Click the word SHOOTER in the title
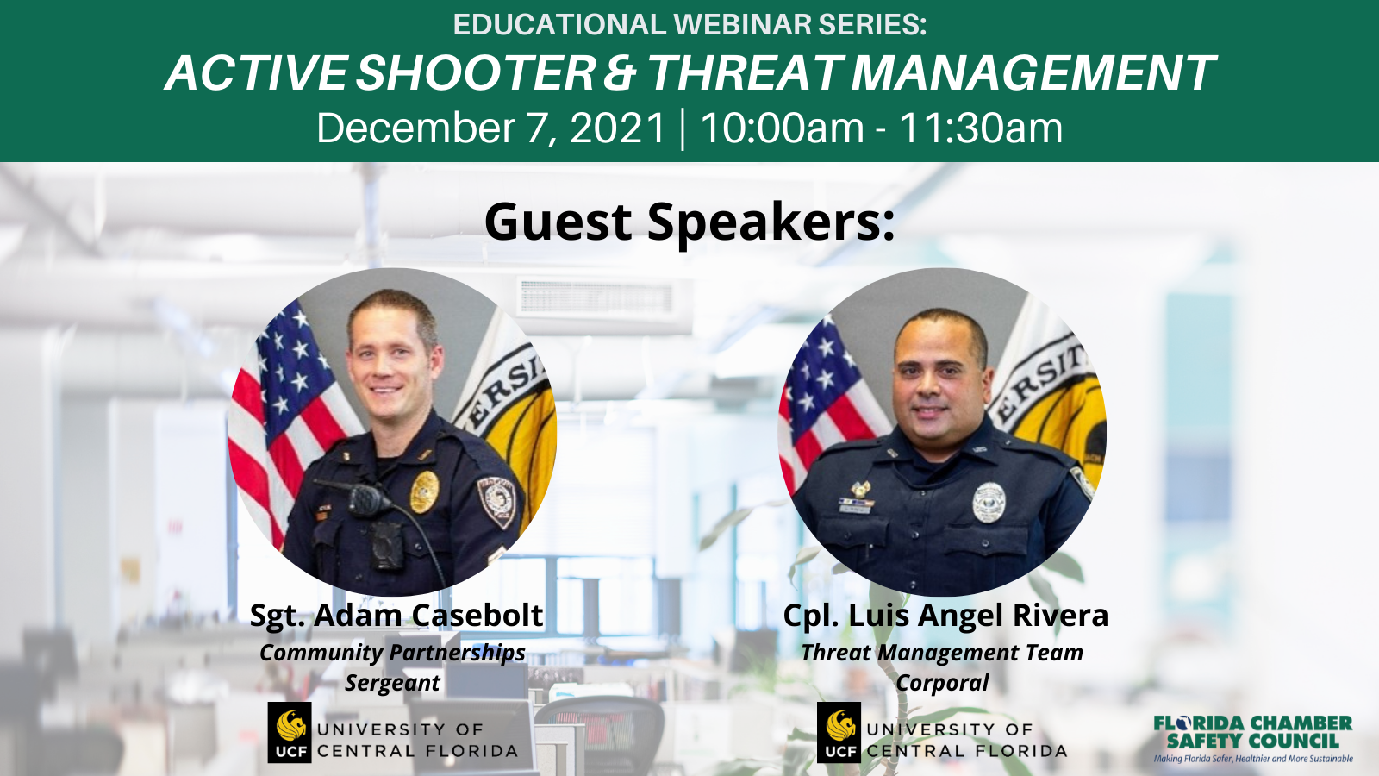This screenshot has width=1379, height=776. coord(475,72)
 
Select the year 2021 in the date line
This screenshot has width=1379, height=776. coord(617,128)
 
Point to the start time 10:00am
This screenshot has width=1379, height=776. coord(782,128)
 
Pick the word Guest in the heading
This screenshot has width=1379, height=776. coord(558,222)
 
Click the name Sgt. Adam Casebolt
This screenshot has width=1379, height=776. coord(396,615)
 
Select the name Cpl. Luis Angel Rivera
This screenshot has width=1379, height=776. coord(945,615)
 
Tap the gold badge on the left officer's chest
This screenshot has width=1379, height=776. coord(424,492)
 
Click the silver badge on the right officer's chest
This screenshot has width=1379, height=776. coord(989,503)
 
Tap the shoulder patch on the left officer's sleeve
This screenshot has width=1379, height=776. coord(497,501)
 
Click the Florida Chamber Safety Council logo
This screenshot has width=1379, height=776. coord(1253,739)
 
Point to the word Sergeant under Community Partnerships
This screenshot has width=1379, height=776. coord(393,682)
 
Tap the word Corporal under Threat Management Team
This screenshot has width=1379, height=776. coord(942,682)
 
